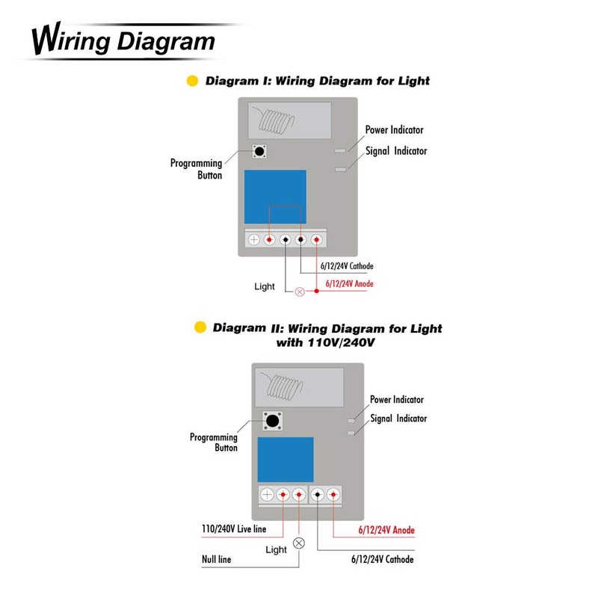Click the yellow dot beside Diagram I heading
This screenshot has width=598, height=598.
point(191,81)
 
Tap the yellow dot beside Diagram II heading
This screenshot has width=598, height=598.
point(200,327)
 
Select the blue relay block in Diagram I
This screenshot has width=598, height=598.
point(275,197)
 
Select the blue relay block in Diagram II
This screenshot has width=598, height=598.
point(286,460)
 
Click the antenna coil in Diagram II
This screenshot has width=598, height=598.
point(286,386)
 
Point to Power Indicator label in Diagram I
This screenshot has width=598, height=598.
point(394,130)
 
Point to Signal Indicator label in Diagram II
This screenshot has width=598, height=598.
point(398,419)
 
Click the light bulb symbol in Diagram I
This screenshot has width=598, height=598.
point(300,291)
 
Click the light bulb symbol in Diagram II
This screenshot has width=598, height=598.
point(300,543)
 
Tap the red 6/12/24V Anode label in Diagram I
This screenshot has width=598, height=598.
point(348,284)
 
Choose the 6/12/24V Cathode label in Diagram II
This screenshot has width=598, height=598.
point(381,559)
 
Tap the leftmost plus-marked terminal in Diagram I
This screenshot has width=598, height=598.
point(253,239)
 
